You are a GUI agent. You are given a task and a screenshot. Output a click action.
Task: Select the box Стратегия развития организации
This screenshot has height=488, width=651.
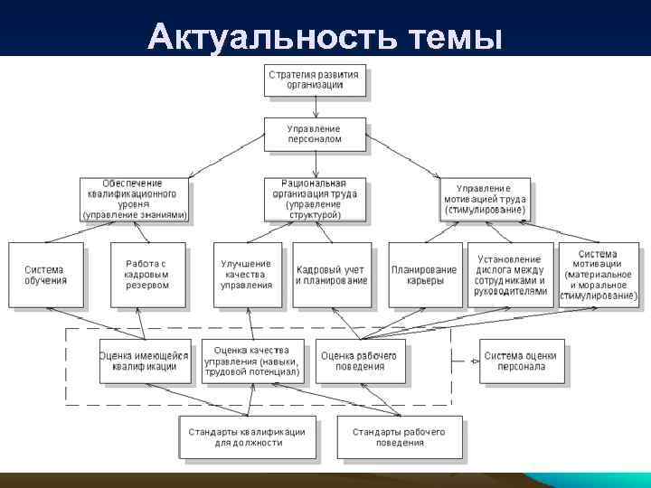315,80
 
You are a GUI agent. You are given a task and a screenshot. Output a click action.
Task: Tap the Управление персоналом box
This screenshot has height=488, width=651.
315,135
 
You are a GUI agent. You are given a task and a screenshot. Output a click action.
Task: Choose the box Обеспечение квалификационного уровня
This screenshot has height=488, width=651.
135,199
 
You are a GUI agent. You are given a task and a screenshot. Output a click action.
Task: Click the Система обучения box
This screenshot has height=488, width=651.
45,275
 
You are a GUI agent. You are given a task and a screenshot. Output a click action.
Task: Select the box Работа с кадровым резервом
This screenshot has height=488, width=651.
147,275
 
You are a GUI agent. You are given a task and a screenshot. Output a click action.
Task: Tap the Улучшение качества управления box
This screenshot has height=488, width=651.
247,275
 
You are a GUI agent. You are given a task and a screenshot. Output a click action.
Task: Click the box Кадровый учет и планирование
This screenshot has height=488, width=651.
332,275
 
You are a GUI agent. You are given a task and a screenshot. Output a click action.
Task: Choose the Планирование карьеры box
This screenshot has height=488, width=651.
425,275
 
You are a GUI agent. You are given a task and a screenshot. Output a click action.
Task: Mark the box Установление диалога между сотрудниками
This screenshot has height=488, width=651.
509,275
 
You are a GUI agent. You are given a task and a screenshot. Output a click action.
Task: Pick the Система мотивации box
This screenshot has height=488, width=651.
598,275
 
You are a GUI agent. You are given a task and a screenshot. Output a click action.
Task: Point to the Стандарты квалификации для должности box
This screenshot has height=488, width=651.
247,437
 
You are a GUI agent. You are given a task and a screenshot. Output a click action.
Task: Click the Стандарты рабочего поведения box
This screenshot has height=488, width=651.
399,437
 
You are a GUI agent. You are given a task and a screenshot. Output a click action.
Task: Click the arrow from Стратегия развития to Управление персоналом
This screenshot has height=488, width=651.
315,107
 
